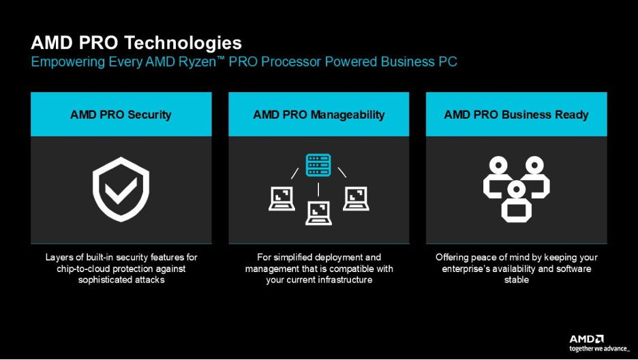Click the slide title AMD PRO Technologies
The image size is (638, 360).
tap(136, 43)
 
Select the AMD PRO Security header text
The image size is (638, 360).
tap(121, 115)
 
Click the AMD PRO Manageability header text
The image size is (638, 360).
tap(318, 115)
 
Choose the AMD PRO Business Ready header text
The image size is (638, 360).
tap(517, 115)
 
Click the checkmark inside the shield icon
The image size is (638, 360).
tap(121, 191)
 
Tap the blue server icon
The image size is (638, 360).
tap(318, 165)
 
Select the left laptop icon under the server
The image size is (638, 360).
tap(282, 198)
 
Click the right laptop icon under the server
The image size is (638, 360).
tap(356, 198)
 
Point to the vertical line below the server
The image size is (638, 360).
tap(318, 189)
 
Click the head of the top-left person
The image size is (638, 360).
tap(498, 166)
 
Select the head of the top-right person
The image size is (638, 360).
tap(534, 166)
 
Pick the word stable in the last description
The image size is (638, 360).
tap(517, 280)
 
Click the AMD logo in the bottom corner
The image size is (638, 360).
tap(586, 340)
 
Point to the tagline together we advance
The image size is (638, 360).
tap(598, 348)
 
